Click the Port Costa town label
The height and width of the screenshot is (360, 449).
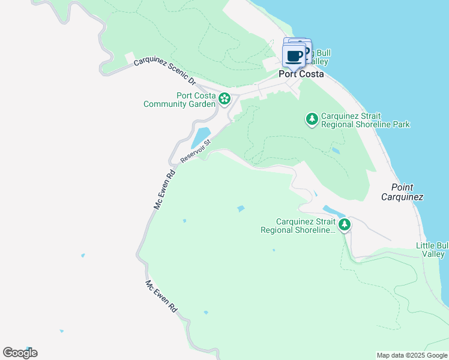301,74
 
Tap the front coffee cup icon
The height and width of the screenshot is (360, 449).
294,56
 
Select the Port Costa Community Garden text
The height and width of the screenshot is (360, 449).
179,100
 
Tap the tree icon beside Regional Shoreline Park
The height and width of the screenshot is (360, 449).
312,119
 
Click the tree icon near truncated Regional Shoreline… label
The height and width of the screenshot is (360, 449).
344,225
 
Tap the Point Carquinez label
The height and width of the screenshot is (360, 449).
402,192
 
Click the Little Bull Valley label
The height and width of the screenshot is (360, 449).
432,250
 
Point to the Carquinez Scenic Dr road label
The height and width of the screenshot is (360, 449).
164,71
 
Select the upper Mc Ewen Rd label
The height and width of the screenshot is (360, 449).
164,189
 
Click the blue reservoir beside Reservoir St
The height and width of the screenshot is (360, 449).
201,137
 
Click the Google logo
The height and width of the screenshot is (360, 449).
20,352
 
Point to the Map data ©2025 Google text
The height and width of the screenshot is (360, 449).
411,355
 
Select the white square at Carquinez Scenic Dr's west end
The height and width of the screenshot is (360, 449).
130,57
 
